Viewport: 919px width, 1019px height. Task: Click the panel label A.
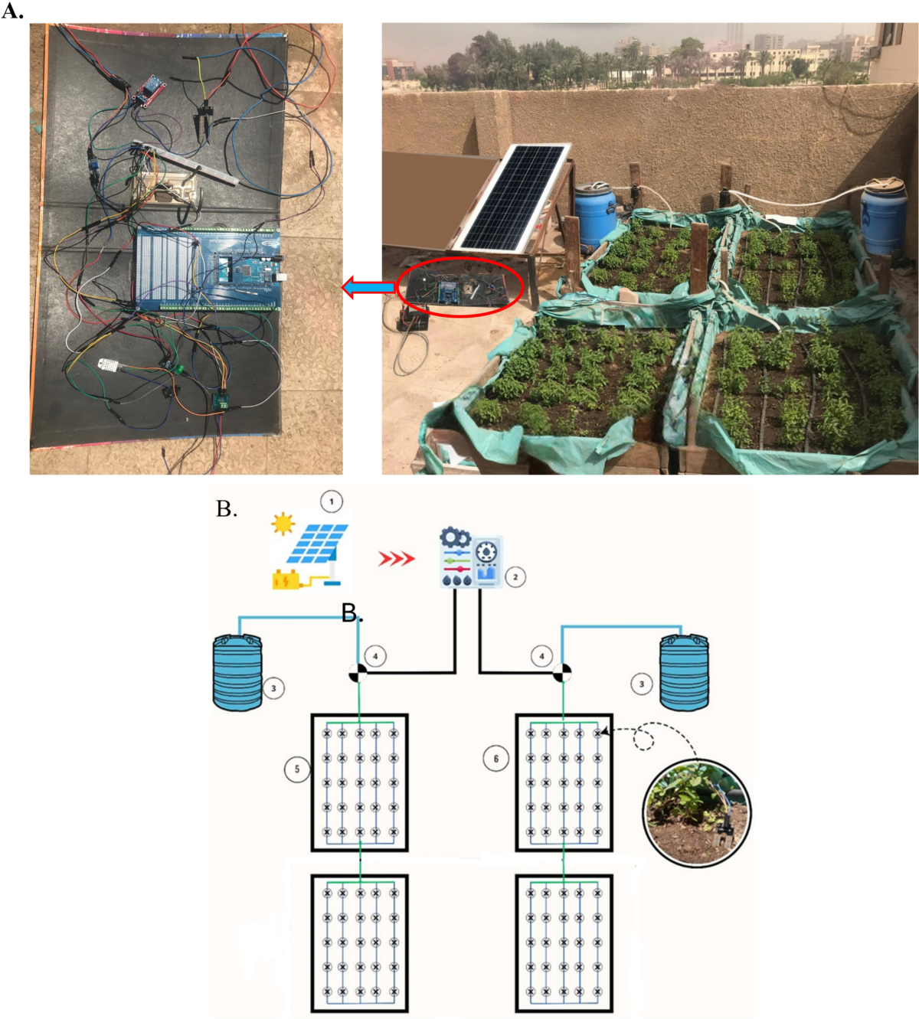tap(11, 11)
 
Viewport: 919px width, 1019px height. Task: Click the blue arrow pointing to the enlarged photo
tap(368, 287)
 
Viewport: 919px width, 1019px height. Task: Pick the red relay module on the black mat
tap(147, 90)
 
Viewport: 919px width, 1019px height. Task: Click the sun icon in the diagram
tap(283, 524)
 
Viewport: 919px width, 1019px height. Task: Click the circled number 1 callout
tap(332, 502)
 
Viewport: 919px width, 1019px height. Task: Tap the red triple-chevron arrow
tap(396, 559)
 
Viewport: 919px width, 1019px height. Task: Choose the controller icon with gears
tap(470, 557)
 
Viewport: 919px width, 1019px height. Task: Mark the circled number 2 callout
tap(515, 576)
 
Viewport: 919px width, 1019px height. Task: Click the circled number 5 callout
tap(297, 769)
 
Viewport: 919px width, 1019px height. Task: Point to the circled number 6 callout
tap(495, 759)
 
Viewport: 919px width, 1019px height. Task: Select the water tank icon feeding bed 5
tap(237, 673)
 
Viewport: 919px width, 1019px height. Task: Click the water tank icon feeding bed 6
tap(684, 672)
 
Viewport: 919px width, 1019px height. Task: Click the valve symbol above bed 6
tap(563, 673)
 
